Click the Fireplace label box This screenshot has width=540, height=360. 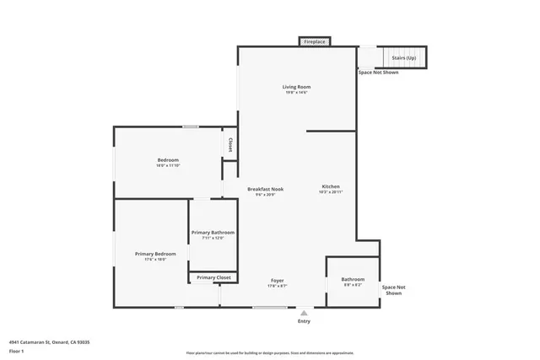pyautogui.click(x=315, y=41)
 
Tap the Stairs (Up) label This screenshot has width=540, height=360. pyautogui.click(x=403, y=58)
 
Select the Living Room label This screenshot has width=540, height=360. pyautogui.click(x=296, y=87)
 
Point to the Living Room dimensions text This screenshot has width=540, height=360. pyautogui.click(x=296, y=93)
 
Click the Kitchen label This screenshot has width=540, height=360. pyautogui.click(x=331, y=186)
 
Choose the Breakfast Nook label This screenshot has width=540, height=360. pyautogui.click(x=265, y=189)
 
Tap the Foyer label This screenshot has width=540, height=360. pyautogui.click(x=277, y=280)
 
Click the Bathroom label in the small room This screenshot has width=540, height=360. pyautogui.click(x=353, y=279)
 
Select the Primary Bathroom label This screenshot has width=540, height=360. pyautogui.click(x=213, y=233)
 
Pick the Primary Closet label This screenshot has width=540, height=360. pyautogui.click(x=213, y=277)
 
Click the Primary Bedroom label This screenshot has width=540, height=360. pyautogui.click(x=155, y=254)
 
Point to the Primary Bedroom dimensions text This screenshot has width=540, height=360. pyautogui.click(x=155, y=260)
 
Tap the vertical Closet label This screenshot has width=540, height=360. pyautogui.click(x=230, y=145)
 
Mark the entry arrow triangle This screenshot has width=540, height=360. pyautogui.click(x=304, y=313)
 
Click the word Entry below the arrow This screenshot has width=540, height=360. pyautogui.click(x=304, y=321)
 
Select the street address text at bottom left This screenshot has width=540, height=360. pyautogui.click(x=49, y=341)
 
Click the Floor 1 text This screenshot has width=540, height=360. pyautogui.click(x=17, y=350)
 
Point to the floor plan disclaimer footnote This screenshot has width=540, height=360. pyautogui.click(x=270, y=352)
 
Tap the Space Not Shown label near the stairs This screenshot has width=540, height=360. pyautogui.click(x=378, y=73)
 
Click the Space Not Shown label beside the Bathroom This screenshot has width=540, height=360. pyautogui.click(x=393, y=290)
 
